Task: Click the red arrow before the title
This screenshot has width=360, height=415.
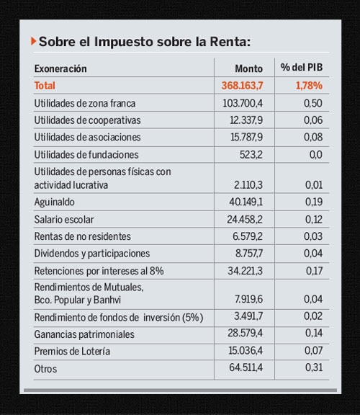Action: [33, 41]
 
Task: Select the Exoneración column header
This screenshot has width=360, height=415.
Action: [60, 68]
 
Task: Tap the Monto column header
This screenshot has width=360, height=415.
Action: [249, 68]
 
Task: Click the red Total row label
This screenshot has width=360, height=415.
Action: [45, 86]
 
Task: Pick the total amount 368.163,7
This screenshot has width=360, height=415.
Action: [243, 86]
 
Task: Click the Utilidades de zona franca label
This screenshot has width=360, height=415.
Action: [85, 103]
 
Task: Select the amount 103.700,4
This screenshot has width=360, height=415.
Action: [243, 103]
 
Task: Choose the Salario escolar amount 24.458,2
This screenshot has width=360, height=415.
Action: [246, 219]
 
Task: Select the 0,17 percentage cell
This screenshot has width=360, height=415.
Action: [312, 272]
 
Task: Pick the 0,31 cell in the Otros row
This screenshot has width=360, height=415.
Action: [312, 369]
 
